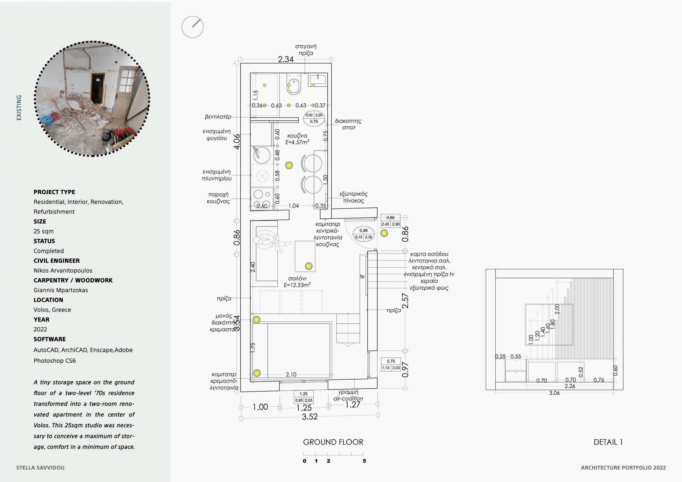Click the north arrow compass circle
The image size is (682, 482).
[x=192, y=27]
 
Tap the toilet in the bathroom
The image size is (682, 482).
[x=294, y=84]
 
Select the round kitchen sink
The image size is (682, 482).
[x=262, y=155]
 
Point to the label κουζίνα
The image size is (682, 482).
[x=297, y=136]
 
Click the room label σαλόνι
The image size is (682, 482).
[x=297, y=279]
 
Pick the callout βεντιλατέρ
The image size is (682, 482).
[x=218, y=117]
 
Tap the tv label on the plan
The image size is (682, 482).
[x=362, y=276]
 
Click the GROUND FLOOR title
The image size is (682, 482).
[x=333, y=442]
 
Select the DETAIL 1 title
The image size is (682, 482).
[x=608, y=442]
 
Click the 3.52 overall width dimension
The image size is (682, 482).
[x=310, y=417]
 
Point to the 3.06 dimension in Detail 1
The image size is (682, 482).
[x=554, y=393]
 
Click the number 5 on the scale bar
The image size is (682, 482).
[x=364, y=461]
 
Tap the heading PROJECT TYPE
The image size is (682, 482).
[x=54, y=192]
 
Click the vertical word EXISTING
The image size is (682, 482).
[x=19, y=107]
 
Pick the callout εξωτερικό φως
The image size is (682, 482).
[x=429, y=288]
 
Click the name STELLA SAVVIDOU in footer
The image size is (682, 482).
[x=40, y=468]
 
